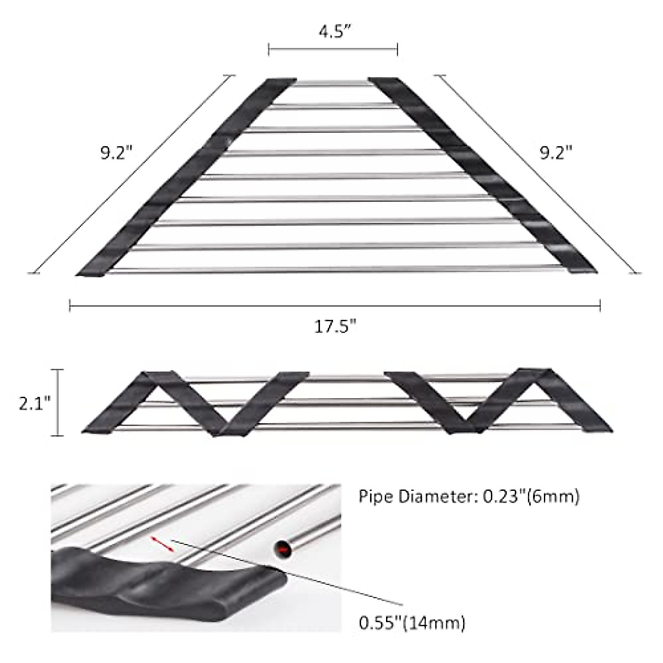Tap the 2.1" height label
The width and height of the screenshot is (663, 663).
pyautogui.click(x=34, y=403)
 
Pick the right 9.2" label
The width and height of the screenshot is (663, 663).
pyautogui.click(x=556, y=152)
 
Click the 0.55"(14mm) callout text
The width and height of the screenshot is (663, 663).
pyautogui.click(x=412, y=623)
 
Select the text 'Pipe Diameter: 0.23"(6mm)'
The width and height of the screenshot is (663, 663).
pyautogui.click(x=469, y=497)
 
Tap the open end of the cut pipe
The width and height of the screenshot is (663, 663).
pyautogui.click(x=282, y=549)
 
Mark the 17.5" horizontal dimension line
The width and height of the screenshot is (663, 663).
pyautogui.click(x=335, y=305)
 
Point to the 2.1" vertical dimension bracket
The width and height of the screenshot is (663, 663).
pyautogui.click(x=60, y=403)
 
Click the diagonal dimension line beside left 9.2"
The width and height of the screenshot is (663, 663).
pyautogui.click(x=133, y=173)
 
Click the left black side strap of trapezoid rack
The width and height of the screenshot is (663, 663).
pyautogui.click(x=182, y=177)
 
